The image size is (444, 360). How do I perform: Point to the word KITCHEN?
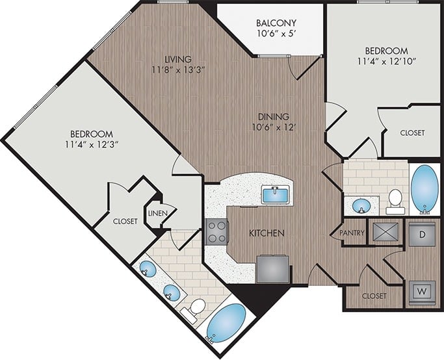pyautogui.click(x=267, y=233)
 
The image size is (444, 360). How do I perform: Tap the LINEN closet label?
pyautogui.click(x=158, y=213)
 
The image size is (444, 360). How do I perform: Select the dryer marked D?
pyautogui.click(x=421, y=234)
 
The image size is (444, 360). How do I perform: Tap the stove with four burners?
pyautogui.click(x=216, y=231)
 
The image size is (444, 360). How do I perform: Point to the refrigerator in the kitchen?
pyautogui.click(x=272, y=268)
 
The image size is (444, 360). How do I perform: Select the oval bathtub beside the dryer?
pyautogui.click(x=424, y=188)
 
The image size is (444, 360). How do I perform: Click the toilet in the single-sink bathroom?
pyautogui.click(x=395, y=201)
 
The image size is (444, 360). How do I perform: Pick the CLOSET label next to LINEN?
pyautogui.click(x=125, y=221)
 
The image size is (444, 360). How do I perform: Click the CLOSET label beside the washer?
pyautogui.click(x=373, y=296)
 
